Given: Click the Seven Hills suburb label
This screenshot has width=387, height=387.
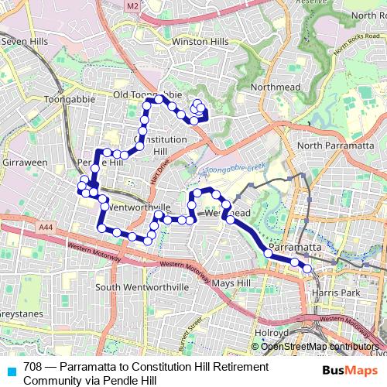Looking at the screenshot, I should click(26, 41).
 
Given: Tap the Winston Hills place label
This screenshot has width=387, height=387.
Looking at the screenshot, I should click(200, 41).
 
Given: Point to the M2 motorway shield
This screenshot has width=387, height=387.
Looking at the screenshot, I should click(132, 6).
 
